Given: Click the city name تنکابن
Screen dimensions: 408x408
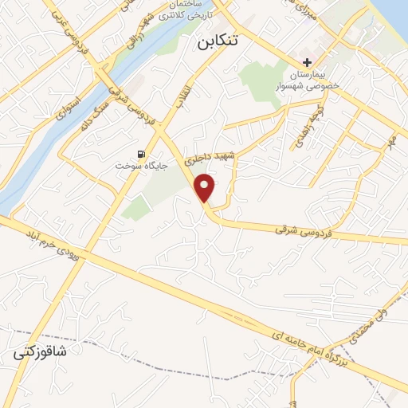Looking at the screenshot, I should [x=218, y=45].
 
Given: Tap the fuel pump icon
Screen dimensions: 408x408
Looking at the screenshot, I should [x=142, y=154].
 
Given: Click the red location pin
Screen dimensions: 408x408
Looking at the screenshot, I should [x=206, y=187].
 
